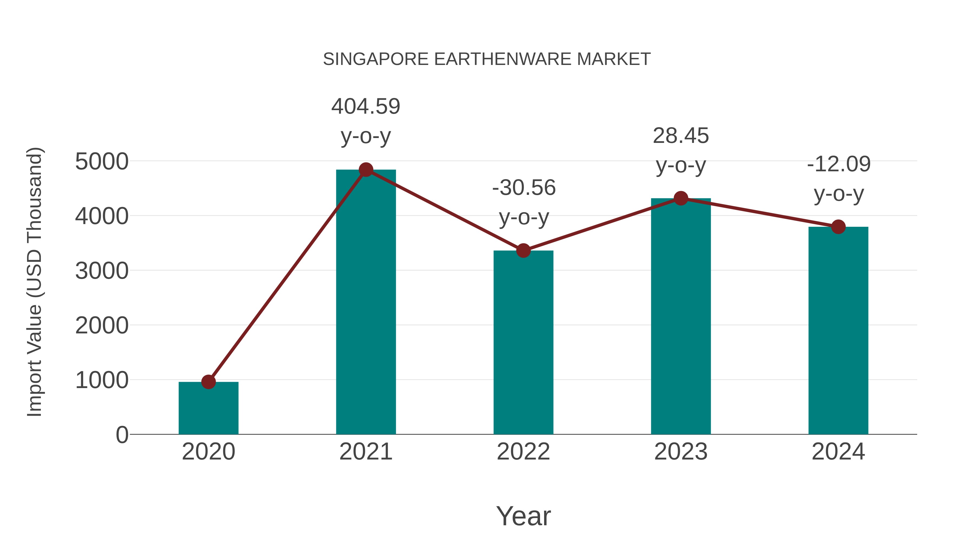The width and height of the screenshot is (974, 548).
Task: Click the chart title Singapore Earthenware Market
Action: point(487,59)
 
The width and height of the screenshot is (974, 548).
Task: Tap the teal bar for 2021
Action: point(366,303)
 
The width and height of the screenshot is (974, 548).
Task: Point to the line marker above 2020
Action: point(208,382)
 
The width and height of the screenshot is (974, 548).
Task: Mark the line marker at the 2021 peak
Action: point(366,170)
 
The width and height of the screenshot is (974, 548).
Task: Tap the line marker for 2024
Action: point(838,227)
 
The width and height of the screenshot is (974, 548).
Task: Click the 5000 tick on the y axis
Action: point(102,162)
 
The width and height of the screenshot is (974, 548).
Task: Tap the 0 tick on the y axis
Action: point(122,435)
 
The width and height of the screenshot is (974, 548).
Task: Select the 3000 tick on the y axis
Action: point(102,271)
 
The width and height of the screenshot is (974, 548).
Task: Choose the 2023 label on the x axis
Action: point(681,452)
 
